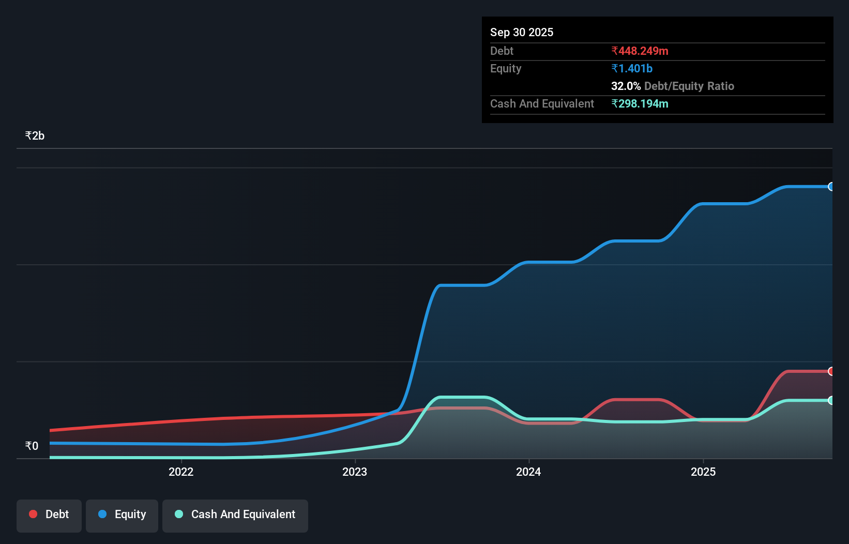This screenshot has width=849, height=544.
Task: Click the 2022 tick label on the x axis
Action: pyautogui.click(x=181, y=472)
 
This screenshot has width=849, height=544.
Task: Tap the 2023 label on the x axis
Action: pyautogui.click(x=355, y=472)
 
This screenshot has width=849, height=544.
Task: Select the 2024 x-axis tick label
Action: pyautogui.click(x=528, y=472)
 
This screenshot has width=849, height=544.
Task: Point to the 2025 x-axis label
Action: pyautogui.click(x=703, y=472)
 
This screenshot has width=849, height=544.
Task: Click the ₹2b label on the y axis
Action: pyautogui.click(x=35, y=135)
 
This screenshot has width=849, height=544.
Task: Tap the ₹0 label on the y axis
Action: pyautogui.click(x=32, y=446)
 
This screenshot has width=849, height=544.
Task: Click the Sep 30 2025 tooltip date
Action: pyautogui.click(x=522, y=32)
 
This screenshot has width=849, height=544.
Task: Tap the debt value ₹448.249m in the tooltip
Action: pyautogui.click(x=640, y=51)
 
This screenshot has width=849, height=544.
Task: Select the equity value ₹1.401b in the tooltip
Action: pyautogui.click(x=632, y=68)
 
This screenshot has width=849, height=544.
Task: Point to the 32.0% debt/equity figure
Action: pyautogui.click(x=626, y=86)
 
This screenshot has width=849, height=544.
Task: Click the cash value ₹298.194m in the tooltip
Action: pyautogui.click(x=640, y=103)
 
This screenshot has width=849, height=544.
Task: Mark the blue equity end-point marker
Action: pyautogui.click(x=831, y=187)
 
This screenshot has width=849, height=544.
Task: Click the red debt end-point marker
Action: pyautogui.click(x=831, y=371)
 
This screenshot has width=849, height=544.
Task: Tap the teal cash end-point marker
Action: pyautogui.click(x=831, y=400)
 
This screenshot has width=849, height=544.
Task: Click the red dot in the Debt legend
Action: pyautogui.click(x=33, y=514)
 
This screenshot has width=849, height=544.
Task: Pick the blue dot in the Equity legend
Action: pyautogui.click(x=102, y=514)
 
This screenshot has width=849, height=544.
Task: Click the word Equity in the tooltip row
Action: pyautogui.click(x=506, y=68)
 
